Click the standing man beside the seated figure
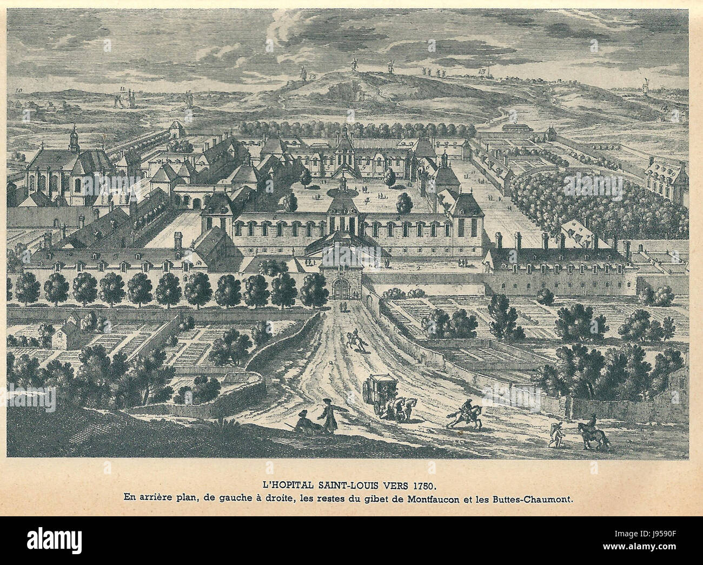326,415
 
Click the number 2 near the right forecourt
420,268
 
